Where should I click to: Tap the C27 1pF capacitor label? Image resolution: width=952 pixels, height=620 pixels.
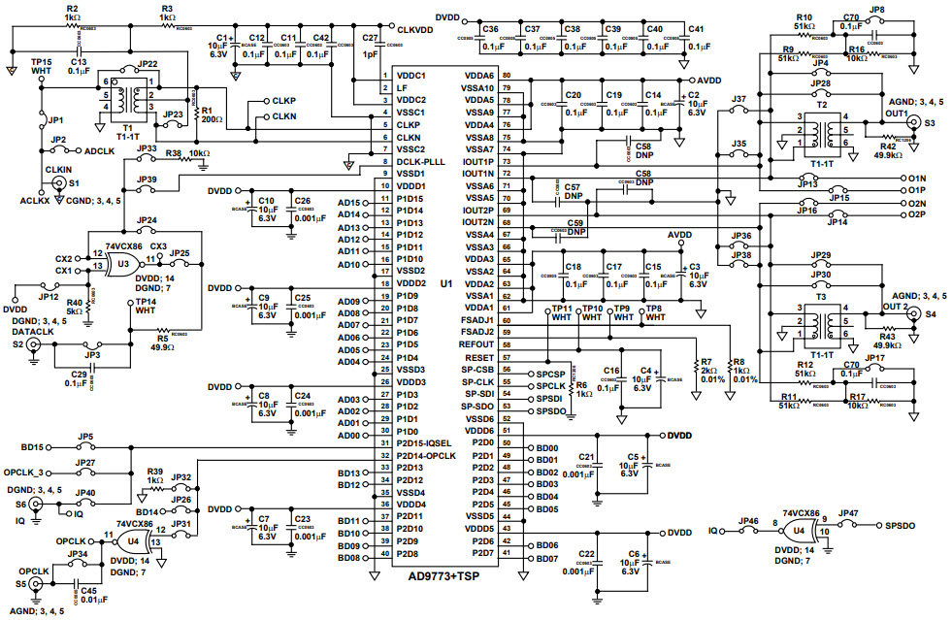368,47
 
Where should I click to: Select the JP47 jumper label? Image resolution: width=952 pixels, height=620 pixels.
848,512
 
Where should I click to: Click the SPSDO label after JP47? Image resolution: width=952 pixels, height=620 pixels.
903,525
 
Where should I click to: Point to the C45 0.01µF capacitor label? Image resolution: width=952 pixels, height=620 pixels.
87,593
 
